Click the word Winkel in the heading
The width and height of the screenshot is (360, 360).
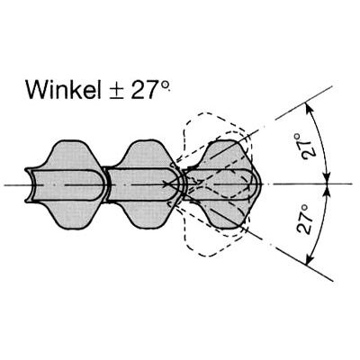[x=64, y=89]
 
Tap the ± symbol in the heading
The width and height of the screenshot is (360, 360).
[x=117, y=91]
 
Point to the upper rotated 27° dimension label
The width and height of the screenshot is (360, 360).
[x=308, y=147]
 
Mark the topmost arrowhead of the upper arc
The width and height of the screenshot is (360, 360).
[x=307, y=107]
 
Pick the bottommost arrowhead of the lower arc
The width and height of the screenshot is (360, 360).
[x=309, y=260]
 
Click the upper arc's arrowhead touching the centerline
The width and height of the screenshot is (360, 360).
[x=327, y=178]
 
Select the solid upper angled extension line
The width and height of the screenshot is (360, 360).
[x=304, y=103]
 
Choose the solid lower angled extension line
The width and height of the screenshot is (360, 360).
[x=304, y=265]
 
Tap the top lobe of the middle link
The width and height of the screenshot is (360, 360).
[x=146, y=154]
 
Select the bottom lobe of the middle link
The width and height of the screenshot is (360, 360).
[x=146, y=213]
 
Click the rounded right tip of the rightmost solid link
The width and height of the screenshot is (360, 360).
[x=260, y=184]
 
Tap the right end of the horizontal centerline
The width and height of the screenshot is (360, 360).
[x=351, y=184]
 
